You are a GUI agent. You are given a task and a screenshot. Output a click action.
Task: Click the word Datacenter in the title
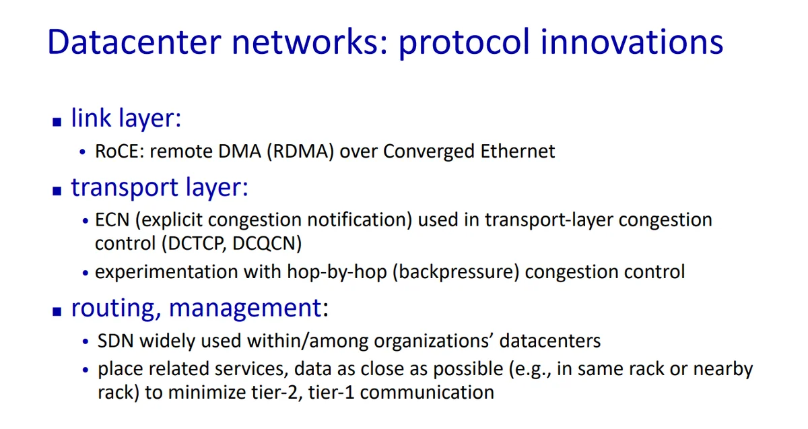[x=134, y=42]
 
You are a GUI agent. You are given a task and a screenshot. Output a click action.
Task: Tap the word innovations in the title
[x=632, y=42]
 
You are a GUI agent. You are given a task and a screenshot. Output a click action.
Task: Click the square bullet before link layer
[x=57, y=122]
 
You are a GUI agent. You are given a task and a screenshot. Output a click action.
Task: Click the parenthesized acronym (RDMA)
[x=300, y=151]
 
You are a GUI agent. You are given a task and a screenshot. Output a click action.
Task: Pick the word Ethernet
[x=518, y=151]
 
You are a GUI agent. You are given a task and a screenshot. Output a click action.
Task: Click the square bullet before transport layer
[x=57, y=191]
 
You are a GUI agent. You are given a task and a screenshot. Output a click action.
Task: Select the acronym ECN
[x=112, y=220]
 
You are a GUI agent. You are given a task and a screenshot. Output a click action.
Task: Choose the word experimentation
[x=166, y=272]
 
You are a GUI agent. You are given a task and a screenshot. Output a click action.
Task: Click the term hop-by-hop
[x=337, y=272]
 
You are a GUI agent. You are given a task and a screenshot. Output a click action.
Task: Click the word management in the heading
[x=245, y=308]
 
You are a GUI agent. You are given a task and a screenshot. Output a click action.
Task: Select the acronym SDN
[x=115, y=341]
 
